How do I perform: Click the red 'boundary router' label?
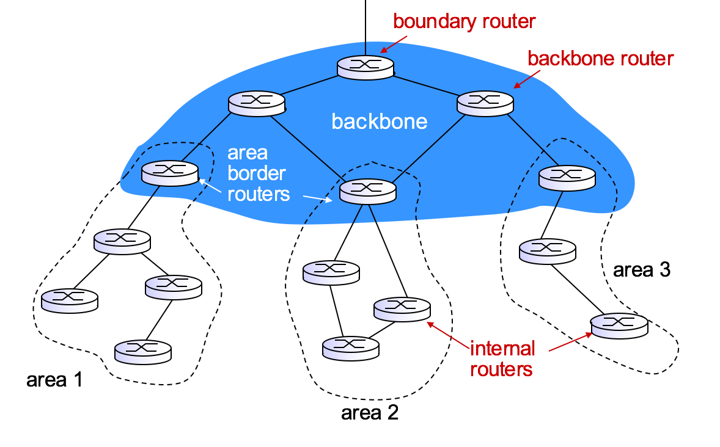click(464, 21)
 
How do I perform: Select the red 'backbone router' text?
click(600, 59)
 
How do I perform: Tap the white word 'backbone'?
click(379, 121)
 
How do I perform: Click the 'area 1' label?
click(54, 380)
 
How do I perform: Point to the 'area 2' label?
click(369, 413)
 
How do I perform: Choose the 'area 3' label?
click(641, 269)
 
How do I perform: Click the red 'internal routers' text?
click(502, 359)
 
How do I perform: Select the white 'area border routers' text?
click(256, 173)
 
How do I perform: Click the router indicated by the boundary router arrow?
click(365, 67)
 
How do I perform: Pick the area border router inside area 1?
click(169, 173)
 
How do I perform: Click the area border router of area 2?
click(367, 191)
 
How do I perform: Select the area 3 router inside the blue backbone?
click(567, 177)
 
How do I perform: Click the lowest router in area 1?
click(143, 351)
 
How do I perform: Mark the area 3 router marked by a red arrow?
click(619, 325)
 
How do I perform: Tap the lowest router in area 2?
click(351, 347)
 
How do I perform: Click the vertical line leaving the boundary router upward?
click(365, 27)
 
